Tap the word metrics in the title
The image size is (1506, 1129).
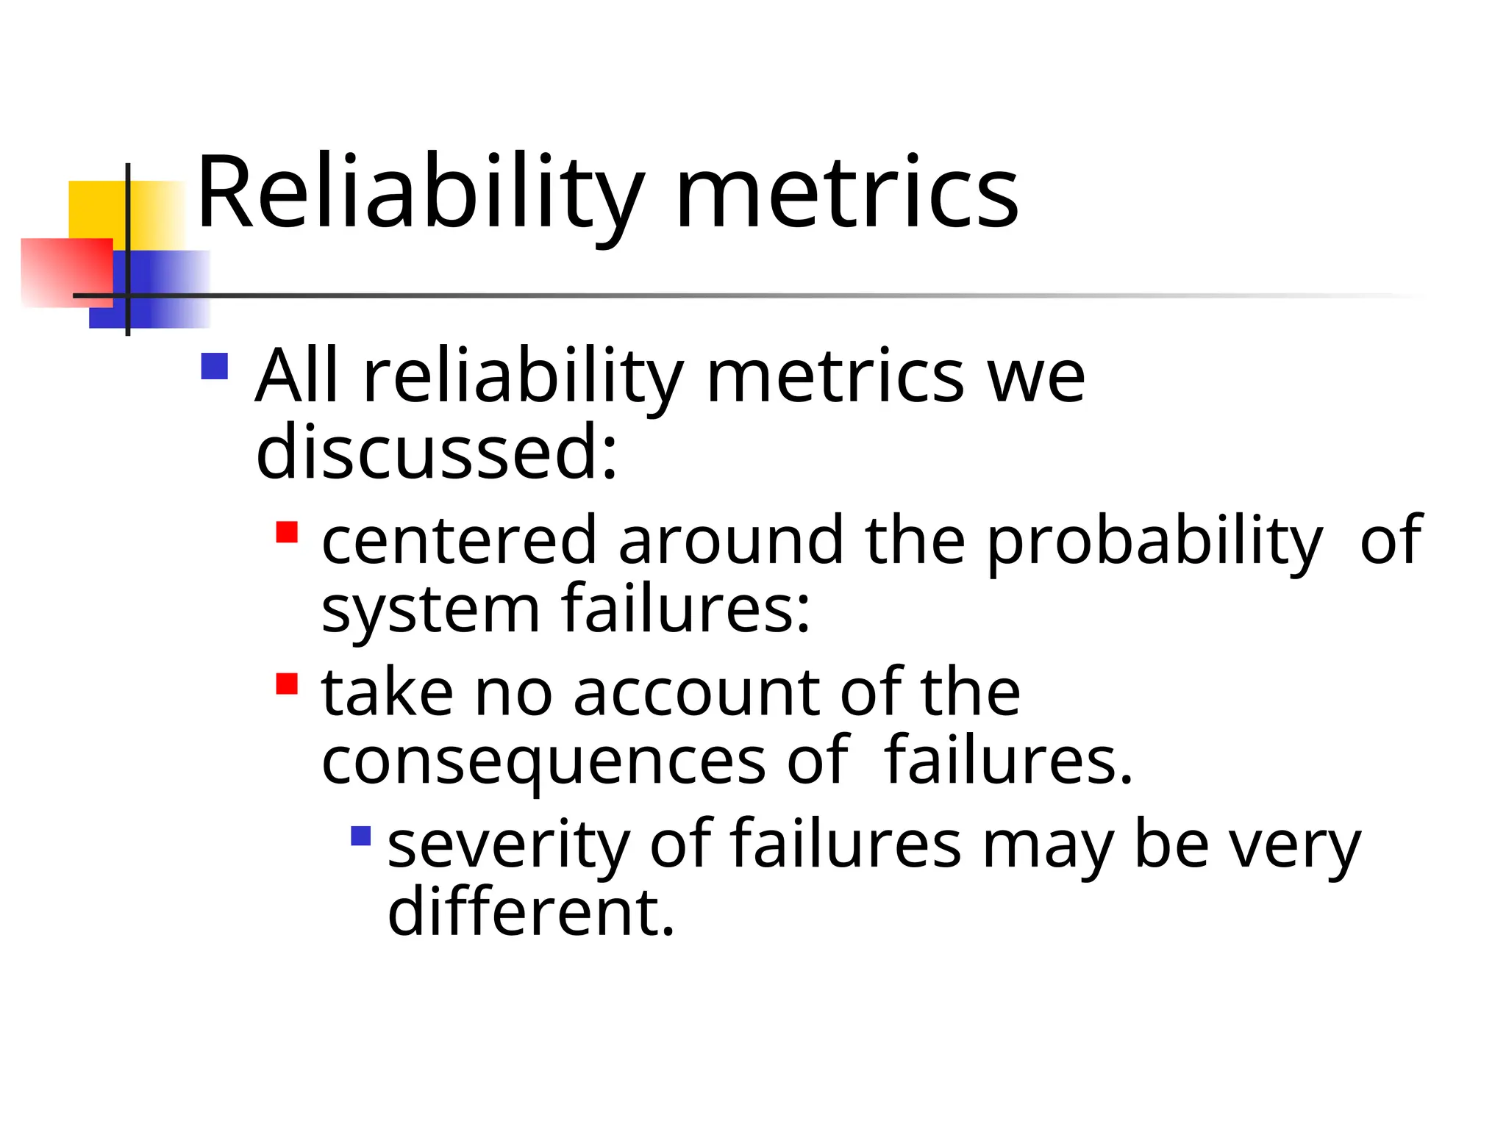(846, 194)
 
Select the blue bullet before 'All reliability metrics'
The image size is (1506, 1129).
(214, 366)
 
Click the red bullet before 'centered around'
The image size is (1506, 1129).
(287, 531)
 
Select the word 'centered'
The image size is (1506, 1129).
(459, 540)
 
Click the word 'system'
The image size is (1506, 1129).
(431, 609)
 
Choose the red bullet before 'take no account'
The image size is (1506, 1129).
(287, 684)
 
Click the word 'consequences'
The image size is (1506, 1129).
(544, 761)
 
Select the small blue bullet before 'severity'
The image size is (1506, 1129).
(361, 836)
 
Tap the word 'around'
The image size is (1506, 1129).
(731, 540)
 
